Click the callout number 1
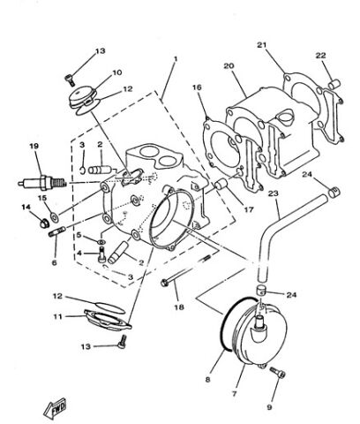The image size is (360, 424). pos(176,58)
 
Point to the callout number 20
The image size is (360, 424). pos(229,65)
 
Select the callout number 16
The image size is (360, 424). pos(198,87)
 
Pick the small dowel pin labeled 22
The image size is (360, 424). pos(335,83)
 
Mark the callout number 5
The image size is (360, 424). pos(78,236)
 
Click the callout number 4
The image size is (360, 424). pos(78,253)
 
